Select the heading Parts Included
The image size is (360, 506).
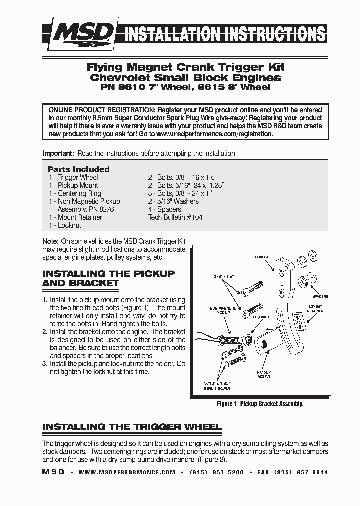[x=79, y=169]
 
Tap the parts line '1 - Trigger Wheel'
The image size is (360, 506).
[x=73, y=177]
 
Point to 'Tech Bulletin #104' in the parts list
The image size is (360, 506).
[x=175, y=217]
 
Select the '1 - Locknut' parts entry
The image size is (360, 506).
[x=65, y=225]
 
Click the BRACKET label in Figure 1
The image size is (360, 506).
[x=263, y=257]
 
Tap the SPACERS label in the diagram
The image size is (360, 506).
[x=320, y=297]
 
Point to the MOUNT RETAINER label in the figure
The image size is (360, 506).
[x=316, y=308]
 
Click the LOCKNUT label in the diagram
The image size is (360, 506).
[x=261, y=317]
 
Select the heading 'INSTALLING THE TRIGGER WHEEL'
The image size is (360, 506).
[x=132, y=427]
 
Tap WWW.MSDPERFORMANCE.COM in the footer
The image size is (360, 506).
[x=127, y=472]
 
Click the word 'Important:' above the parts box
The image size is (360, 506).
[x=58, y=153]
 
